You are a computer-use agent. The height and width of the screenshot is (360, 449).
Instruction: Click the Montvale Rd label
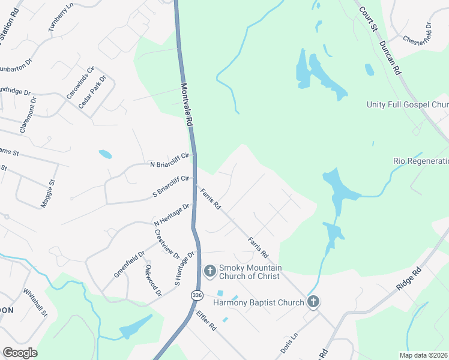click(187, 104)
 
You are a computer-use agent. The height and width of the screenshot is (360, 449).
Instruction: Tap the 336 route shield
click(197, 295)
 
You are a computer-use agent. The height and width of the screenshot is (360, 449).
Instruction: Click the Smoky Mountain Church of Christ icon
click(210, 271)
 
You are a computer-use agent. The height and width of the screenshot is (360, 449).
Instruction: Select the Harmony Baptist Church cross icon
click(313, 302)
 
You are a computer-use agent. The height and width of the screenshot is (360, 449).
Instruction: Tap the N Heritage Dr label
click(172, 214)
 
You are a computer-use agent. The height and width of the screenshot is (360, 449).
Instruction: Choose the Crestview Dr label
click(167, 244)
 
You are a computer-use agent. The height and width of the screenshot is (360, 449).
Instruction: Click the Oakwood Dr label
click(154, 280)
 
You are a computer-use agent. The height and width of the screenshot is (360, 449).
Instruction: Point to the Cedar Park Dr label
click(92, 92)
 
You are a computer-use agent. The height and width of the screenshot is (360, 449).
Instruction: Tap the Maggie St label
click(48, 194)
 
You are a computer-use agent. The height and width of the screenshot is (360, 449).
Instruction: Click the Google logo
click(20, 353)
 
